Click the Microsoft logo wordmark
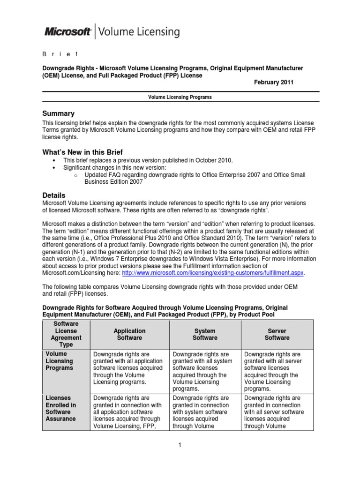67,32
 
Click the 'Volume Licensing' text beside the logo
139,32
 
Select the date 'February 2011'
274,82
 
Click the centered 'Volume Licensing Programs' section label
180,97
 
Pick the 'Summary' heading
59,113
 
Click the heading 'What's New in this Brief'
82,152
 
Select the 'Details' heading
54,195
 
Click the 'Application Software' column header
129,334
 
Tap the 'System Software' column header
205,334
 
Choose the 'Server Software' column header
277,334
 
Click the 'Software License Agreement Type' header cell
66,334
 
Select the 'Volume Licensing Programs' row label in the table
59,361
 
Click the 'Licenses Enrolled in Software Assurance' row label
61,408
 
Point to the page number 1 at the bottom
180,445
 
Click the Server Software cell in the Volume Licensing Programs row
277,371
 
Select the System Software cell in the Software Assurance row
205,412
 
